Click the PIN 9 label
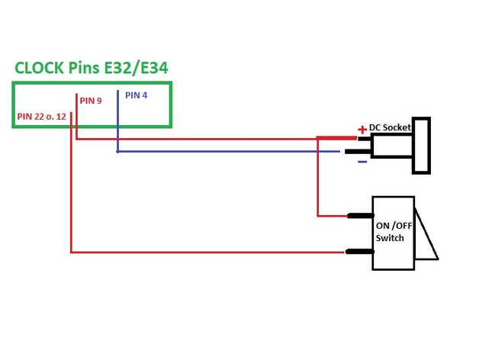89,100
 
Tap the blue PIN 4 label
137,95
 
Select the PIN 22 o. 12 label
40,117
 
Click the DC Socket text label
391,127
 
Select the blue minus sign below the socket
362,161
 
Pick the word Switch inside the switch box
390,238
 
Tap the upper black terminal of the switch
359,216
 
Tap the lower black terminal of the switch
359,252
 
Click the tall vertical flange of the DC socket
421,145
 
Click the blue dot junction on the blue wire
117,151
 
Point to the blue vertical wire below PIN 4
117,122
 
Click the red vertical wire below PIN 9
76,122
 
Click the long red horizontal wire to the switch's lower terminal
206,252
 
